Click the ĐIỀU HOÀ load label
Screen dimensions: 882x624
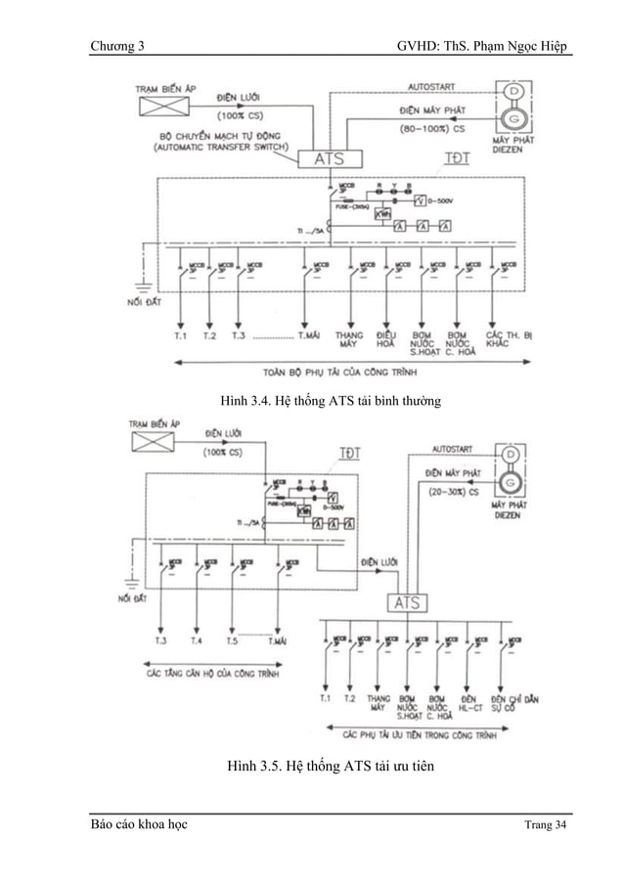tap(385, 340)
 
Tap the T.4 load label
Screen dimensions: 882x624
tap(197, 641)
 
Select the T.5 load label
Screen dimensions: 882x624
tap(232, 641)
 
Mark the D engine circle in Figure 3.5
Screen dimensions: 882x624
tap(510, 456)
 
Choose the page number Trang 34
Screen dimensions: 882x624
tap(545, 828)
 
